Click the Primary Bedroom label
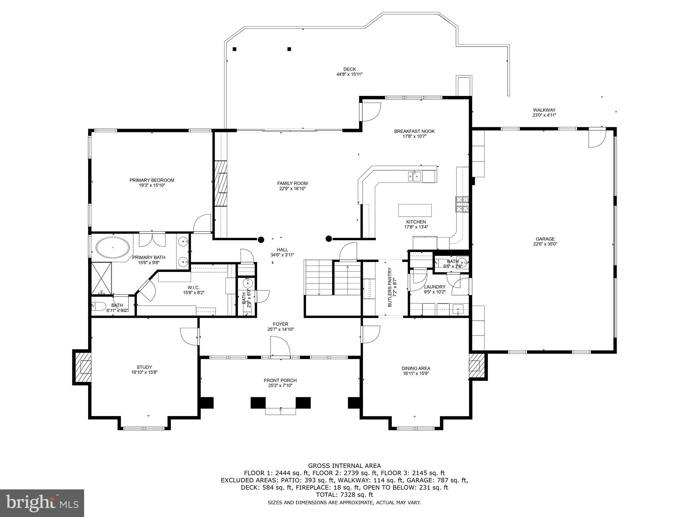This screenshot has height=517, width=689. pyautogui.click(x=152, y=180)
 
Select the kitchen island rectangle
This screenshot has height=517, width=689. pyautogui.click(x=414, y=210)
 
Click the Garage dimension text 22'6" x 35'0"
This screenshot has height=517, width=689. pyautogui.click(x=545, y=244)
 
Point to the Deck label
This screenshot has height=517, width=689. pyautogui.click(x=350, y=69)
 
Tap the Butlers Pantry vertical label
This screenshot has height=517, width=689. pyautogui.click(x=390, y=287)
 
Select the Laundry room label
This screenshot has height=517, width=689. pyautogui.click(x=435, y=287)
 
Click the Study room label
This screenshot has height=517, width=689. pyautogui.click(x=144, y=367)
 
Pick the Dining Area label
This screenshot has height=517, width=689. pyautogui.click(x=416, y=368)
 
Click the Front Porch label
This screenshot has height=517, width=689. pyautogui.click(x=280, y=380)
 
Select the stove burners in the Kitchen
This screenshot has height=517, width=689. pyautogui.click(x=462, y=204)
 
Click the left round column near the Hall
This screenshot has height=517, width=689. pyautogui.click(x=261, y=240)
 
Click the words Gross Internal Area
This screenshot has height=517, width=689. pyautogui.click(x=344, y=466)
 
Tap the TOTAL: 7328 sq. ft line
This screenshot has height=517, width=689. pyautogui.click(x=344, y=495)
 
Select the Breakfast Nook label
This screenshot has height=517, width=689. pyautogui.click(x=414, y=131)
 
